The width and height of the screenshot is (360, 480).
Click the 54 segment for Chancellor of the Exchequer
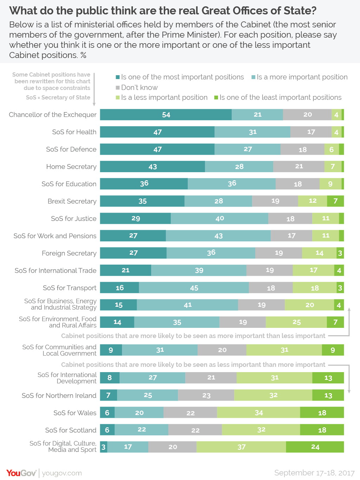coord(166,115)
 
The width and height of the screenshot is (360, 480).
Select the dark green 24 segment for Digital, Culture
coord(315,447)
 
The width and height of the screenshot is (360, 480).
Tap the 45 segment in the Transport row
coord(194,288)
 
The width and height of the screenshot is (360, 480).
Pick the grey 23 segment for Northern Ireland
coord(206,395)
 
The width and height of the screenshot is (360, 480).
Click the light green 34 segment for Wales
coord(258,413)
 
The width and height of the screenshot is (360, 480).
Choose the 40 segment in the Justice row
coord(219,219)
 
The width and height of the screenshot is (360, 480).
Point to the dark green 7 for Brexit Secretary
coord(335,201)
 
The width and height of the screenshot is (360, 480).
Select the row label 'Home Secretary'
coord(71,167)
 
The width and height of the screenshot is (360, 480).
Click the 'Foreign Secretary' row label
coord(69,253)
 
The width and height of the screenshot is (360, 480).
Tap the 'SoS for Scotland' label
coord(71,430)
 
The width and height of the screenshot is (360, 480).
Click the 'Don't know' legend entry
coord(137,87)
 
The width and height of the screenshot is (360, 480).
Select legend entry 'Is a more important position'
coord(299,77)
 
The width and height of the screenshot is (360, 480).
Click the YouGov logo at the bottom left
coord(21,473)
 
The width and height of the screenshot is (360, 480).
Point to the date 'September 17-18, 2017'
coord(314,473)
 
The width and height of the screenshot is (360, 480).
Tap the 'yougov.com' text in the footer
coord(62,473)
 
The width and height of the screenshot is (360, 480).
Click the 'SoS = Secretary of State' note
coord(58,97)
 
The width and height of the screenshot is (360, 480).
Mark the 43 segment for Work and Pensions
coord(218,236)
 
